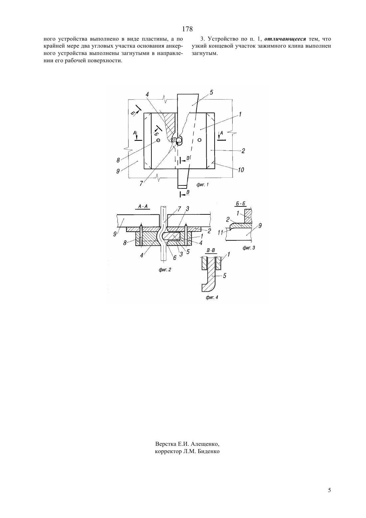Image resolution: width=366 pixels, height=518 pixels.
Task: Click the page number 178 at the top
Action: (x=187, y=29)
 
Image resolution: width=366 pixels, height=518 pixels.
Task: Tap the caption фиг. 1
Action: (x=203, y=185)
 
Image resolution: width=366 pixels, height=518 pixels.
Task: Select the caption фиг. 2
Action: (x=165, y=270)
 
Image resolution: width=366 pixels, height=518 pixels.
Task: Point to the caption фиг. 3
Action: (x=249, y=248)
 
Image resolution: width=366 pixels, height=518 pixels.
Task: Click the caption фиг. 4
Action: (x=212, y=297)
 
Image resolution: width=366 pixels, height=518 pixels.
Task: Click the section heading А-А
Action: (x=143, y=206)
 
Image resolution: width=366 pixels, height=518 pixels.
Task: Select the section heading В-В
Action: (x=211, y=250)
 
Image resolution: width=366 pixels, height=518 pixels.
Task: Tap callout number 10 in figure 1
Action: (x=241, y=170)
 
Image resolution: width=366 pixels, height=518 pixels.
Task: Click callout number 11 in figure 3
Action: (x=220, y=232)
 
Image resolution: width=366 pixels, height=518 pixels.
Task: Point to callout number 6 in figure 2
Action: (x=175, y=257)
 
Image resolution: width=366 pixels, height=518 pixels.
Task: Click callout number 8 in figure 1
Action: (x=118, y=160)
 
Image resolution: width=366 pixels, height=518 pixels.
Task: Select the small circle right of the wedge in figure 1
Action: (x=200, y=140)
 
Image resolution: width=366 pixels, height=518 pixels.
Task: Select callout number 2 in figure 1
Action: (x=243, y=151)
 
